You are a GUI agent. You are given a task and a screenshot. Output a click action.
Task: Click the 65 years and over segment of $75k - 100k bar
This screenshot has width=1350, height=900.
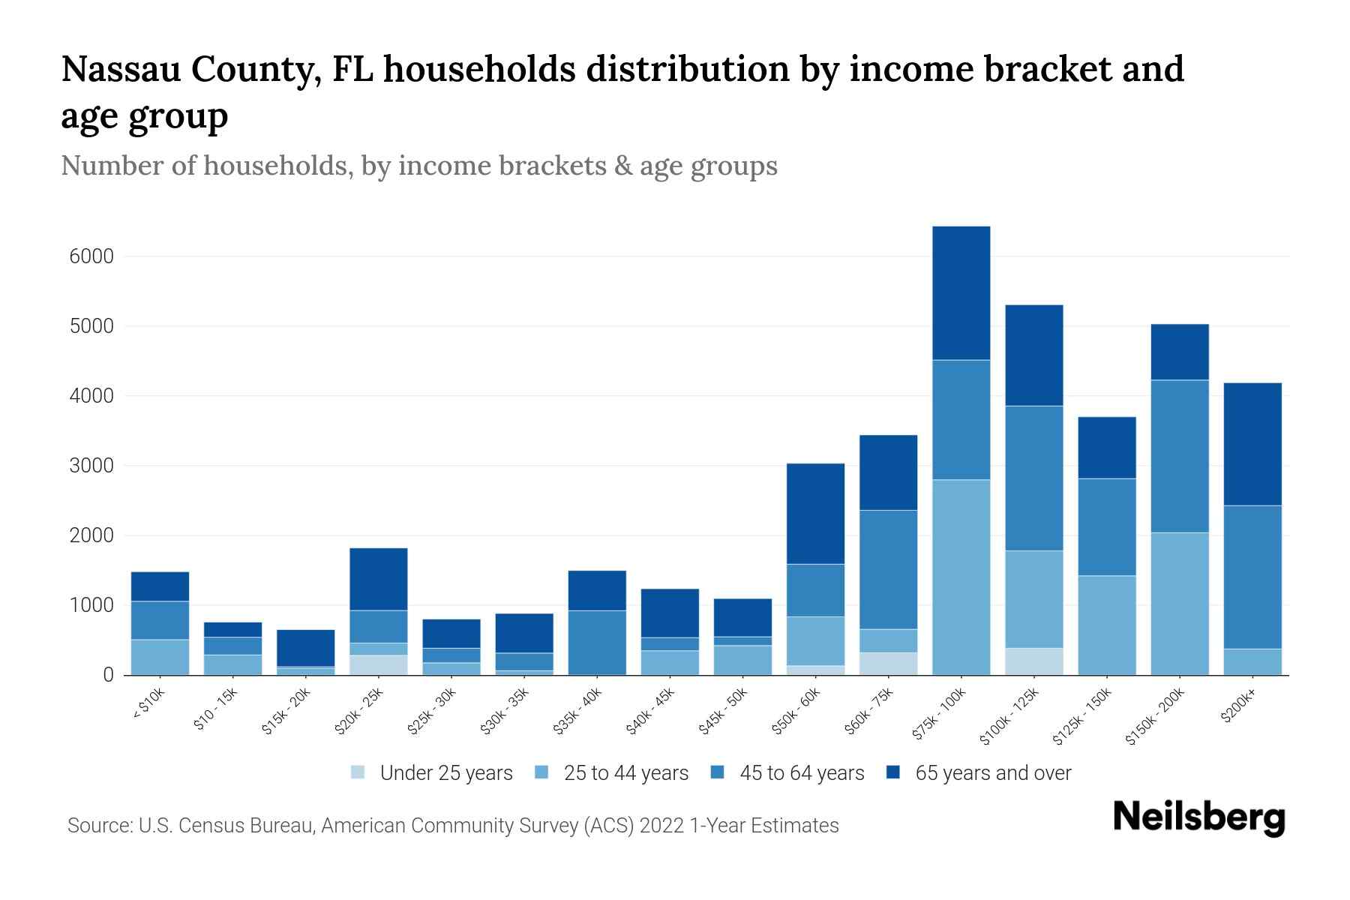tap(961, 293)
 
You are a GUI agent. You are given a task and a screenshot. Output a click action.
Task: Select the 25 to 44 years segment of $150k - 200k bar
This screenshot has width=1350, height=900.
tap(1179, 604)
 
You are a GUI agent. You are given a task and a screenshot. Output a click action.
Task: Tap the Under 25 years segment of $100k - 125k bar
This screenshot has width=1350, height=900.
tap(1033, 661)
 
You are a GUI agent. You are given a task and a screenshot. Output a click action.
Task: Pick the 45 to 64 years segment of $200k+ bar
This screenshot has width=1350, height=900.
tap(1252, 577)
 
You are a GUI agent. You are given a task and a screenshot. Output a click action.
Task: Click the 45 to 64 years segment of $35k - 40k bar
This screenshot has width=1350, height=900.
tap(597, 642)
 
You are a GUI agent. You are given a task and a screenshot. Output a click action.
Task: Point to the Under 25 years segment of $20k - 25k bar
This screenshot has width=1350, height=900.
tap(378, 665)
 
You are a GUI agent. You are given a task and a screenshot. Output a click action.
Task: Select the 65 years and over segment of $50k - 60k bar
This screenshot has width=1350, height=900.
tap(815, 514)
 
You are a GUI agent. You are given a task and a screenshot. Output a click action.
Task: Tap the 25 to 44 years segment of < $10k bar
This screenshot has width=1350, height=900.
tap(160, 657)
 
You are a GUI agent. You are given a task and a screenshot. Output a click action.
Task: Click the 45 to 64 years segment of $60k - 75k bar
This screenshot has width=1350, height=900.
tap(888, 569)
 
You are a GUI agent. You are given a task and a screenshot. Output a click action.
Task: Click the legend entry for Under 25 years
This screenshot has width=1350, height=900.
tap(445, 773)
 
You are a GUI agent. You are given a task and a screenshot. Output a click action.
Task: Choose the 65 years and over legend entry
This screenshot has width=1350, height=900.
tap(992, 773)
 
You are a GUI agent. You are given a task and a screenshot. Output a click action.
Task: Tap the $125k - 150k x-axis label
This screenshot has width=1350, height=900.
tap(1084, 719)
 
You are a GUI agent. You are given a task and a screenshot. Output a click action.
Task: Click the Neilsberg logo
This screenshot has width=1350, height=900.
tap(1198, 817)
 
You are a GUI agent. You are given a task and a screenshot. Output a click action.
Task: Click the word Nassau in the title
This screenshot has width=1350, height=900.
tap(119, 69)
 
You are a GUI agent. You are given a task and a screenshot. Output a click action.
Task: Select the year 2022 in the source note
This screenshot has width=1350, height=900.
tap(662, 826)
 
